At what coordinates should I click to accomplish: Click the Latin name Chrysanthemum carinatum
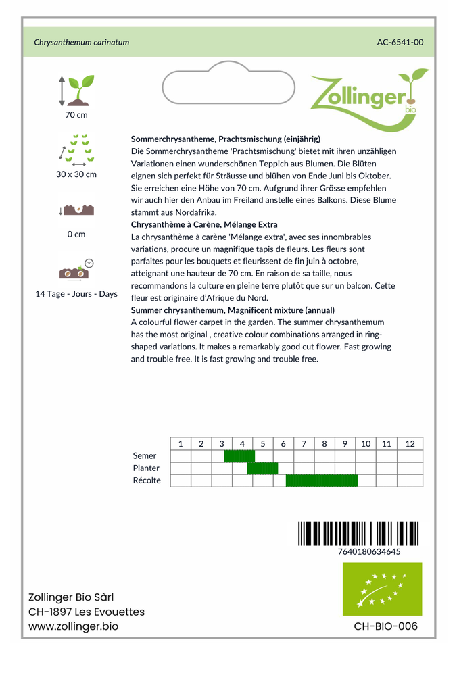point(81,42)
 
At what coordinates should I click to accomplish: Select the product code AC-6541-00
point(400,42)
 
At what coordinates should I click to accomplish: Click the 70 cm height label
point(76,115)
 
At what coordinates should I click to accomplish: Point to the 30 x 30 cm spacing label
point(76,174)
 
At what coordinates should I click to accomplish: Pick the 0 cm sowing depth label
point(76,234)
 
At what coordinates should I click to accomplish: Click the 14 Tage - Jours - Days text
point(76,294)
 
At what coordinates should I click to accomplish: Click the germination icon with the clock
point(76,270)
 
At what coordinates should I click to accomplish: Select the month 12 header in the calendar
point(410,444)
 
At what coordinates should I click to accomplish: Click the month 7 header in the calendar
point(304,444)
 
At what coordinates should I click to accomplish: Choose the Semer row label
point(145,456)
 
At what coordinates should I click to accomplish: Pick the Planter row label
point(147,468)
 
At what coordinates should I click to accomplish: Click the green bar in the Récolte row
point(321,480)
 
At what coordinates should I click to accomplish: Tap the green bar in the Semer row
point(239,456)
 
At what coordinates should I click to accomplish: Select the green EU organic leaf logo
point(382,589)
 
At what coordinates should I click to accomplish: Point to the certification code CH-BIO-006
point(385,626)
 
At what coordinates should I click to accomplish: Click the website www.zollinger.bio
point(73,626)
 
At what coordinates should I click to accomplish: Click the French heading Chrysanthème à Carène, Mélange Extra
point(204,224)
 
